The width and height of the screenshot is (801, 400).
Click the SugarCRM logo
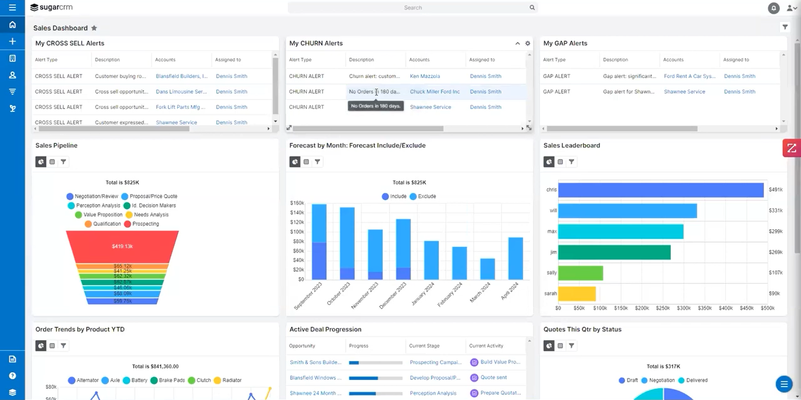pos(51,8)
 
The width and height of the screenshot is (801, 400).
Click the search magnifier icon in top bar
pos(532,8)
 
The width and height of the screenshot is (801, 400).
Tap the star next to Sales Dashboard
pos(94,28)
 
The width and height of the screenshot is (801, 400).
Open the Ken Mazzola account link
pos(425,76)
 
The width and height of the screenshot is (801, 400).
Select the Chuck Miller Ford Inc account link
pos(435,91)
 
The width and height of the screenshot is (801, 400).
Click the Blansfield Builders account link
pos(181,76)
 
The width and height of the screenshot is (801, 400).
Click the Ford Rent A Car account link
pos(689,76)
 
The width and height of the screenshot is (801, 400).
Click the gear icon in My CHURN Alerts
pos(528,43)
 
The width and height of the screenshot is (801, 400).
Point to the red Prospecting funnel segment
pos(122,246)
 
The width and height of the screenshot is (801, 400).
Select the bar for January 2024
pos(432,260)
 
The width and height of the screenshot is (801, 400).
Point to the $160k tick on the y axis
pos(297,203)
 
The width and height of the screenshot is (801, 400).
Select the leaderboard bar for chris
pos(660,190)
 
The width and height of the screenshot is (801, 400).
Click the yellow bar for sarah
pos(577,294)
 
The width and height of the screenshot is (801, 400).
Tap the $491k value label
pos(775,190)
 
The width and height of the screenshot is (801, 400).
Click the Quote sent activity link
pos(493,378)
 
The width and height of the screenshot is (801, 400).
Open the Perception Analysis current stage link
pos(433,393)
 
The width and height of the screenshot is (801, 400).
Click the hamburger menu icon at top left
pos(12,8)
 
